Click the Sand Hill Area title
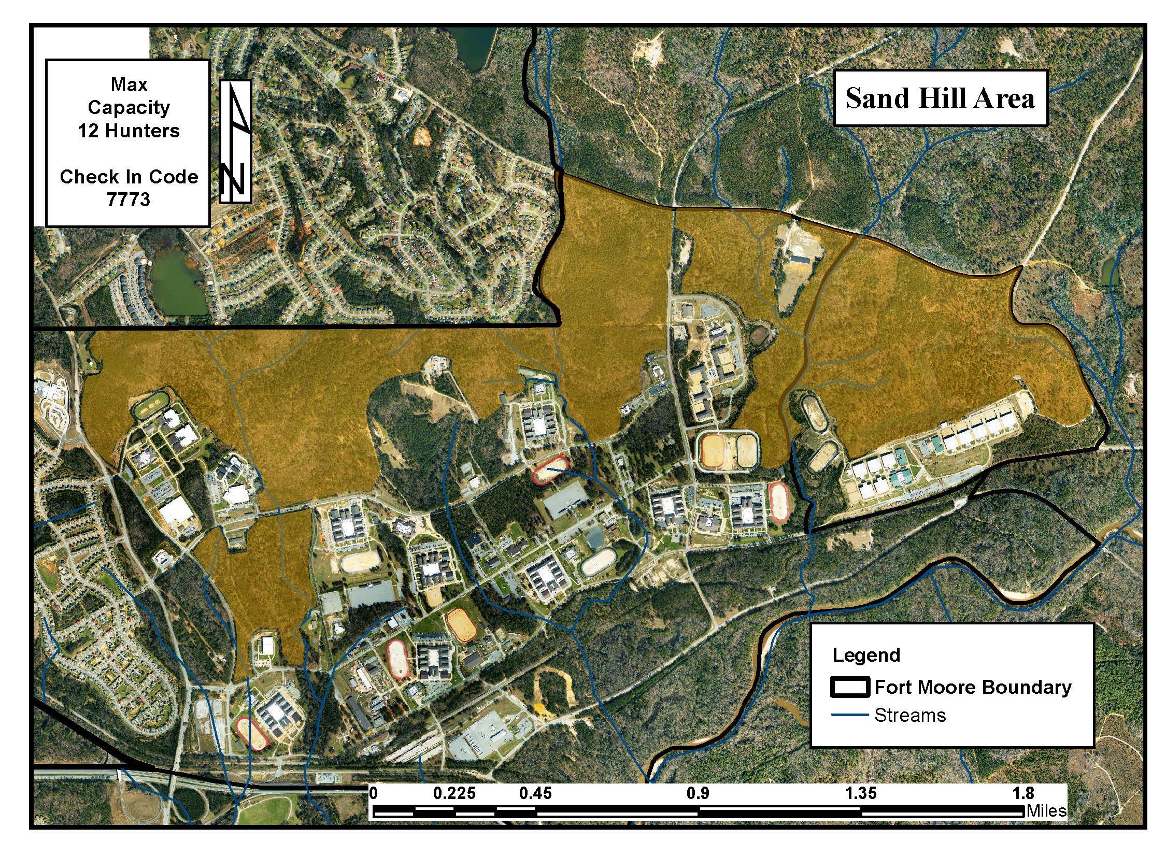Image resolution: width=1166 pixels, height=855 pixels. pos(940,98)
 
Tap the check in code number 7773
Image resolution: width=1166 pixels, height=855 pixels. pos(129,199)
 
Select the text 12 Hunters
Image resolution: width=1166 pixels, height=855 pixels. pos(129,131)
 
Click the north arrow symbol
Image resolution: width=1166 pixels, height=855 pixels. pos(235,141)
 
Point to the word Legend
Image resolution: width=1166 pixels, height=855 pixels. pos(866,655)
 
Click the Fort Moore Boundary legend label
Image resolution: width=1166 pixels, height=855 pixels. pos(973,687)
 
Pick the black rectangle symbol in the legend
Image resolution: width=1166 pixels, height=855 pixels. pos(850,687)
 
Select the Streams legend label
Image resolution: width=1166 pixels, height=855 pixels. pos(910,715)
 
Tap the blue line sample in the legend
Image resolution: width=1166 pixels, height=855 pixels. pos(850,715)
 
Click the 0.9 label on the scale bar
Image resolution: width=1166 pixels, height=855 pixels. pos(698,793)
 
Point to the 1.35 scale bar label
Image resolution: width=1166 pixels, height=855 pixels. pos(860,793)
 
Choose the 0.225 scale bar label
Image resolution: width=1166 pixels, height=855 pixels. pos(454,793)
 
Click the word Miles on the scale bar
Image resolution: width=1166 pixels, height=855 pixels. pos(1046,810)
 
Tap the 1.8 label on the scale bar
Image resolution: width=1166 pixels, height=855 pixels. pos(1023,793)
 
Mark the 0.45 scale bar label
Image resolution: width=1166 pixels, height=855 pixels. pos(535,793)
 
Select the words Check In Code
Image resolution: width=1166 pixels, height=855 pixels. pos(129,177)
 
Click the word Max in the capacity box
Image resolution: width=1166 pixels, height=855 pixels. pos(129,84)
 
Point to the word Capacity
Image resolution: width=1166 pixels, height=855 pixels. pos(129,107)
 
